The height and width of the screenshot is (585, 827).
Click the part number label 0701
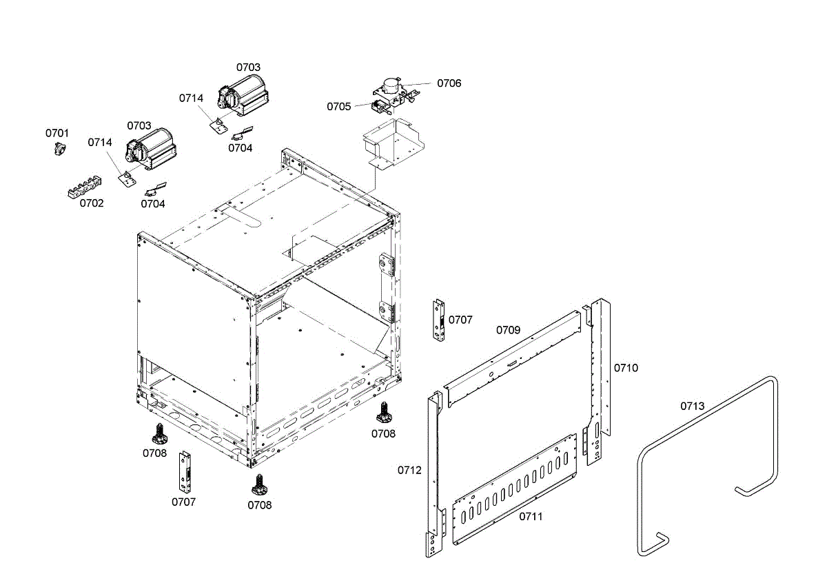57,132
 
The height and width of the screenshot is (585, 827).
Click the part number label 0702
92,203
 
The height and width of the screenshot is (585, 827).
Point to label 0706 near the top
449,83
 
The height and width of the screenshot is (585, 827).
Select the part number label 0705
339,106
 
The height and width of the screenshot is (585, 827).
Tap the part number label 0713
692,406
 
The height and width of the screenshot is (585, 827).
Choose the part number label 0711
531,516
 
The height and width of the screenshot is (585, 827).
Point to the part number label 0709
509,330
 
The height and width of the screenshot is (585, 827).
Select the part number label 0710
626,368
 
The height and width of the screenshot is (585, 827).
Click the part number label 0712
409,470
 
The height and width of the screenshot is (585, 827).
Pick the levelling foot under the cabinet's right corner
384,413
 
